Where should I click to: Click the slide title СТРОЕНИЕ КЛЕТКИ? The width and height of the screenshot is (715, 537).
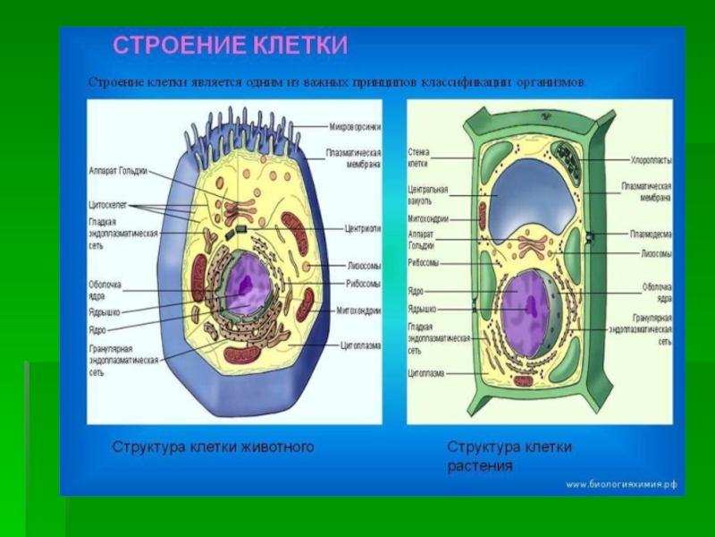pyautogui.click(x=230, y=46)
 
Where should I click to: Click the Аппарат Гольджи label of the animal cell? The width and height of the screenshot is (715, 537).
pyautogui.click(x=117, y=170)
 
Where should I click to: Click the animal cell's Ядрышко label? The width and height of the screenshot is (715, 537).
pyautogui.click(x=105, y=312)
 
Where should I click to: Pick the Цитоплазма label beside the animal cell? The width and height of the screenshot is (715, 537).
pyautogui.click(x=362, y=345)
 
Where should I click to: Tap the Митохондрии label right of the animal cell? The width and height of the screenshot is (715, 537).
pyautogui.click(x=358, y=311)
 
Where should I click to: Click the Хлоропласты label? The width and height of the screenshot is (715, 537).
pyautogui.click(x=651, y=160)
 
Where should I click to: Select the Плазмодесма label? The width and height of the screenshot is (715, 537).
pyautogui.click(x=651, y=234)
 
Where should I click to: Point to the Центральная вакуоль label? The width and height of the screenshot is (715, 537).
pyautogui.click(x=428, y=195)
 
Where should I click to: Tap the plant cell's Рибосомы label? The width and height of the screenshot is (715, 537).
pyautogui.click(x=424, y=263)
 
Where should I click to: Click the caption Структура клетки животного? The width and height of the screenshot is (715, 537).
pyautogui.click(x=213, y=446)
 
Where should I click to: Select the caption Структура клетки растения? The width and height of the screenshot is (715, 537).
pyautogui.click(x=509, y=456)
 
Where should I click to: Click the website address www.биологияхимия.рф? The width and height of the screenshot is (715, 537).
pyautogui.click(x=621, y=484)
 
